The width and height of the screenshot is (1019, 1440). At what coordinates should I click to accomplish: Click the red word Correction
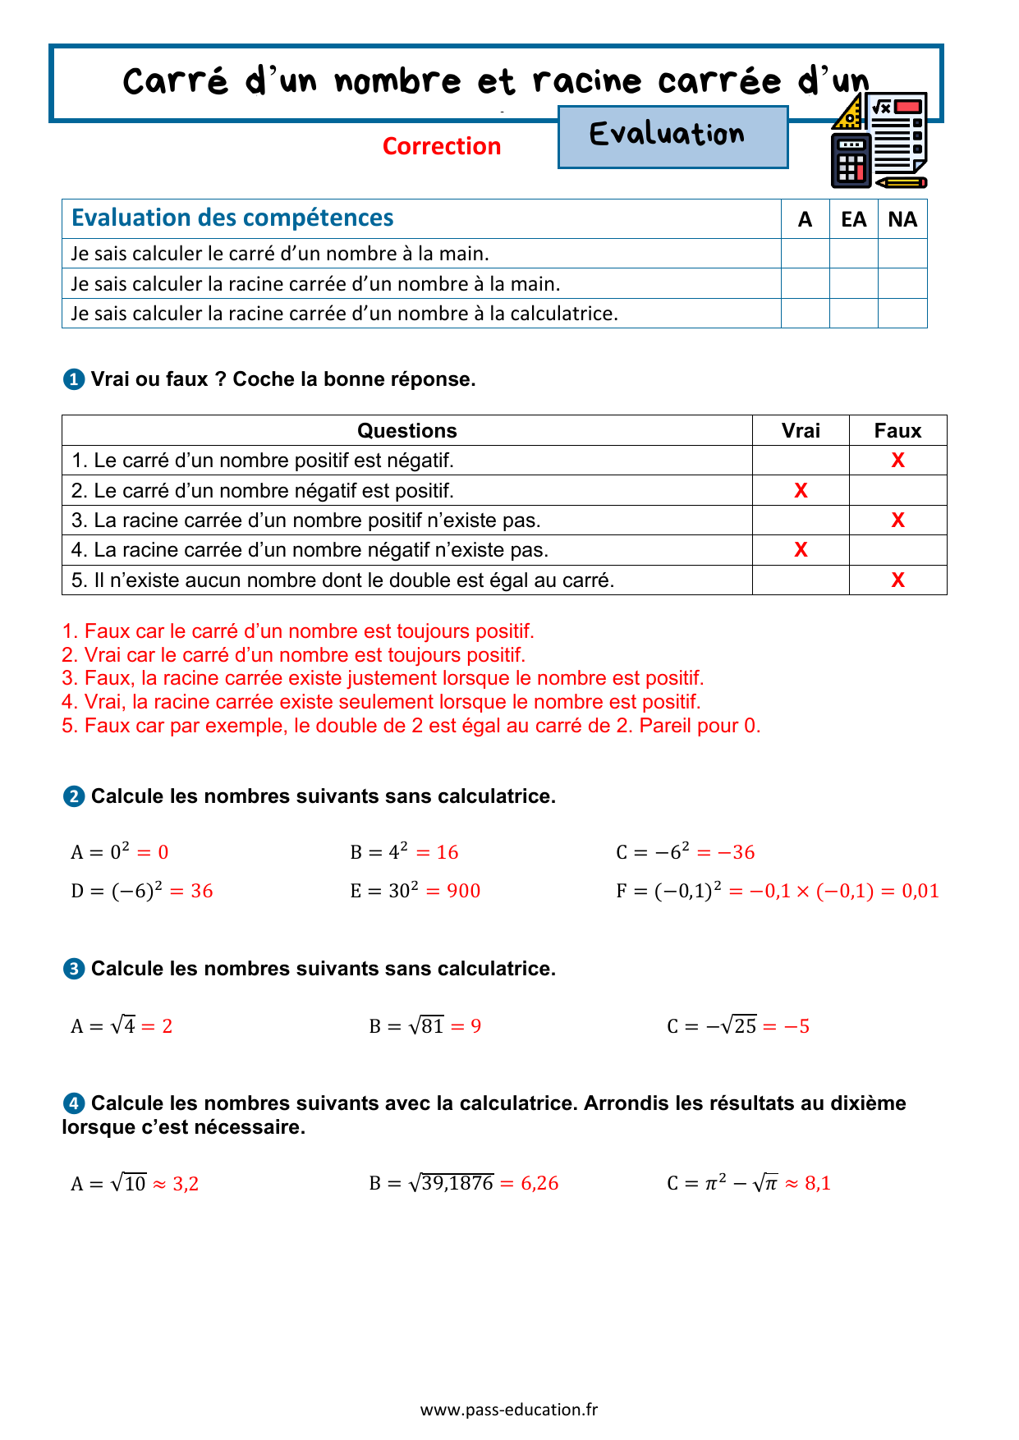coord(442,146)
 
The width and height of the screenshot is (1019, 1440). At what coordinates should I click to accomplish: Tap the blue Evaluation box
coord(672,137)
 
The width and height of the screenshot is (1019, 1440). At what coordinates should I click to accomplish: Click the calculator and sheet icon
coord(879,140)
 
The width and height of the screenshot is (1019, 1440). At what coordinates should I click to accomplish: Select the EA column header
coord(853,219)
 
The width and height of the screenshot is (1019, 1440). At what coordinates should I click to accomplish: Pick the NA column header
coord(902,219)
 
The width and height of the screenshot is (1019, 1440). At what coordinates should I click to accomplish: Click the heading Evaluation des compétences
coord(232,218)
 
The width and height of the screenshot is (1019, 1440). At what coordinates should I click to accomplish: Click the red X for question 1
coord(897,461)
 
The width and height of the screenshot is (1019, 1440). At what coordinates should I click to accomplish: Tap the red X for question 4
coord(801,550)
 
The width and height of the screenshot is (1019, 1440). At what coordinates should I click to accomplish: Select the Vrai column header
coord(801,431)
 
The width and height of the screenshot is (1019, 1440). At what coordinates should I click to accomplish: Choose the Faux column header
coord(897,431)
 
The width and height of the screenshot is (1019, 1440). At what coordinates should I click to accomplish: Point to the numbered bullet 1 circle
coord(73,379)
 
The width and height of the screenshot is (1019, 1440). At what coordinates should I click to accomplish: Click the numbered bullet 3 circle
coord(73,969)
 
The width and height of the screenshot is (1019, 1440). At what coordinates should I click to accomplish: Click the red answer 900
coord(463,891)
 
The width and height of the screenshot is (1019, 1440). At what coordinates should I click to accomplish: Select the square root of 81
coord(426,1025)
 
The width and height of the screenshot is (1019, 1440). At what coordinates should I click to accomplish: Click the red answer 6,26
coord(539,1183)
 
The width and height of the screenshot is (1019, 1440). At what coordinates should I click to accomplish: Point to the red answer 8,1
coord(818,1183)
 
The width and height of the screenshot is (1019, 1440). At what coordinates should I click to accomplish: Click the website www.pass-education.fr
coord(509,1410)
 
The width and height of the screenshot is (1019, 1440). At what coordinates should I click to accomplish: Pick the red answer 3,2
coord(186,1184)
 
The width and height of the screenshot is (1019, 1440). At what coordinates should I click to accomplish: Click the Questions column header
coord(406,431)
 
